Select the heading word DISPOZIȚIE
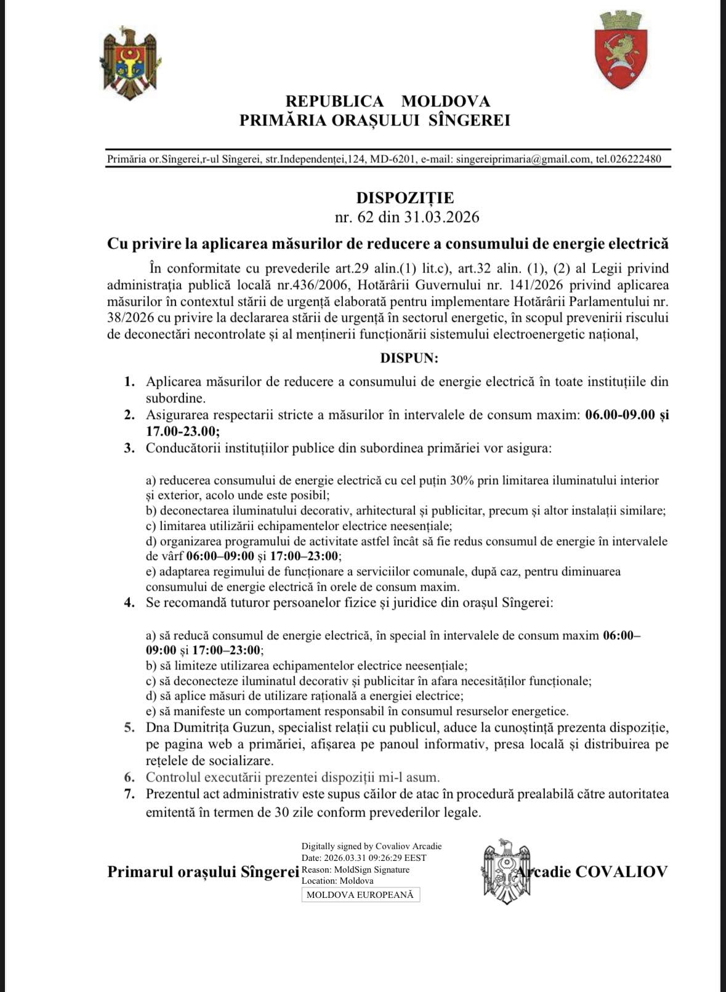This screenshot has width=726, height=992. click(x=405, y=198)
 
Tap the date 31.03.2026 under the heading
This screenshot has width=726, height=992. click(x=442, y=217)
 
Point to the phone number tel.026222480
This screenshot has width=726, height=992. click(x=629, y=159)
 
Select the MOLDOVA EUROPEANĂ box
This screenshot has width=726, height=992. click(x=361, y=895)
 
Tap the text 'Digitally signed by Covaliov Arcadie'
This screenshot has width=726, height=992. click(x=371, y=846)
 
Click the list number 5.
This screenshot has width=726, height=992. click(x=129, y=728)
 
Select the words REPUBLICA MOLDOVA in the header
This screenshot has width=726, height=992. click(x=388, y=101)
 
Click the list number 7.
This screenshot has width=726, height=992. click(x=129, y=794)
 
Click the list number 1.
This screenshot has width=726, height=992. click(x=129, y=382)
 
